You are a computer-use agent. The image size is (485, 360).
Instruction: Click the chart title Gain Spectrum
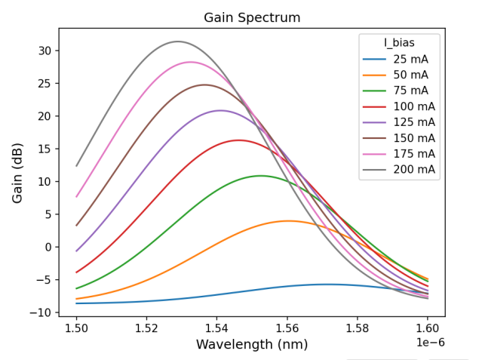click(x=252, y=17)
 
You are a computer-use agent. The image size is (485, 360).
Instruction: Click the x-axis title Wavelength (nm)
click(x=252, y=344)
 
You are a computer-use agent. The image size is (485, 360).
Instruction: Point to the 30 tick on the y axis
click(x=45, y=51)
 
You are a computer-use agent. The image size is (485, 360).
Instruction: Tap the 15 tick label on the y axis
click(x=45, y=149)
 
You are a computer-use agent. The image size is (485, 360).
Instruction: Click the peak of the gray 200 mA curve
click(x=178, y=42)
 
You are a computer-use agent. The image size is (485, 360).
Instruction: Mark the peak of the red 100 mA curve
click(x=238, y=140)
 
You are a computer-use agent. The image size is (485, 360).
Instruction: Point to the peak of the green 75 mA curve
click(x=261, y=176)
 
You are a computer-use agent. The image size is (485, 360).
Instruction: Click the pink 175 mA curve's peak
click(x=190, y=62)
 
